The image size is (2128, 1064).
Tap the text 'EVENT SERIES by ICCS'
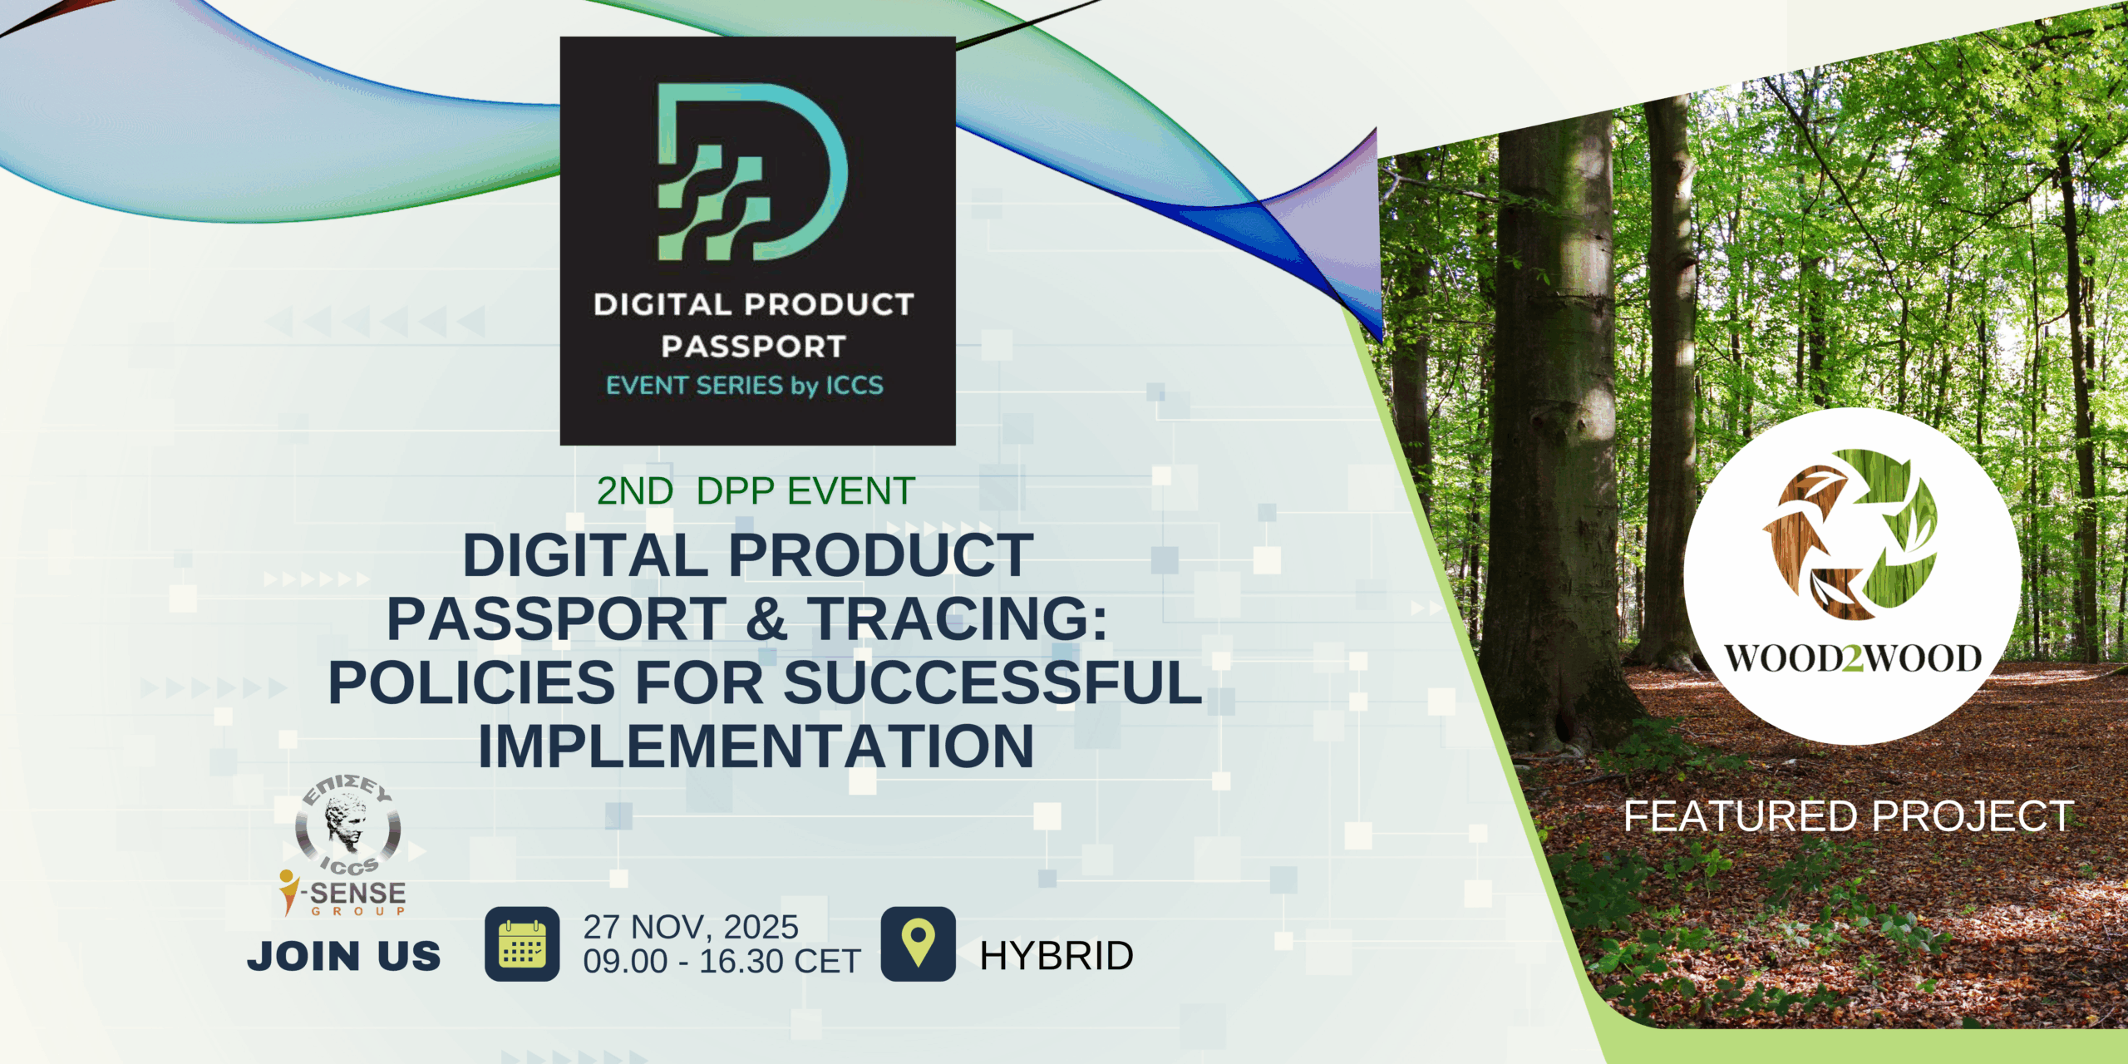tap(745, 386)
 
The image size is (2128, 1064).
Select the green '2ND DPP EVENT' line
tap(756, 491)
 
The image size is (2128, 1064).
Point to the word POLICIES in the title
tap(472, 682)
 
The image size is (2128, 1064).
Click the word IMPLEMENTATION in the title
tap(756, 746)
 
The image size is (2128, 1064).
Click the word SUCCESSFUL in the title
tap(993, 682)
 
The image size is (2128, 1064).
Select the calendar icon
tap(522, 943)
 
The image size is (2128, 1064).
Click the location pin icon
tap(918, 943)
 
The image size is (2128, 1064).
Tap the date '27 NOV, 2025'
tap(691, 927)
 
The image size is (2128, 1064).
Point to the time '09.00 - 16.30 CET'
tap(722, 962)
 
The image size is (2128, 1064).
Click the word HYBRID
tap(1057, 956)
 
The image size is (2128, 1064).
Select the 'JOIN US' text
tap(344, 956)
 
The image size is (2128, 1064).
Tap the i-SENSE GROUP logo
tap(342, 894)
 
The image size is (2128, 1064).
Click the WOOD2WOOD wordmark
tap(1853, 658)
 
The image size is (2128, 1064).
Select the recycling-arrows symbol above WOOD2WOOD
tap(1850, 534)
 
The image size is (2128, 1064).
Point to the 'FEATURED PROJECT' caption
tap(1849, 815)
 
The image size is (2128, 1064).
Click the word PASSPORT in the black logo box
tap(754, 347)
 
